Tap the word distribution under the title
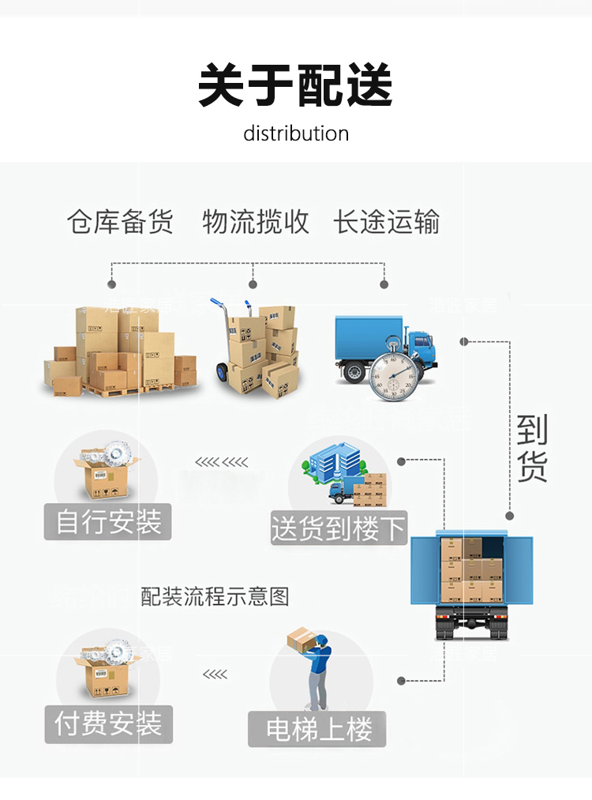[x=296, y=133]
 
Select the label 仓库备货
[x=120, y=222]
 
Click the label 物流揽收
[x=256, y=222]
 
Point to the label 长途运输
[x=387, y=222]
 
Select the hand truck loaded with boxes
[x=253, y=347]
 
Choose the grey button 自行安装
[x=108, y=522]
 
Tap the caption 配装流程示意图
[x=215, y=596]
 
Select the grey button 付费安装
[x=108, y=723]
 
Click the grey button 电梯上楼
[x=317, y=729]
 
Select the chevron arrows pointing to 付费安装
[x=215, y=674]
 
